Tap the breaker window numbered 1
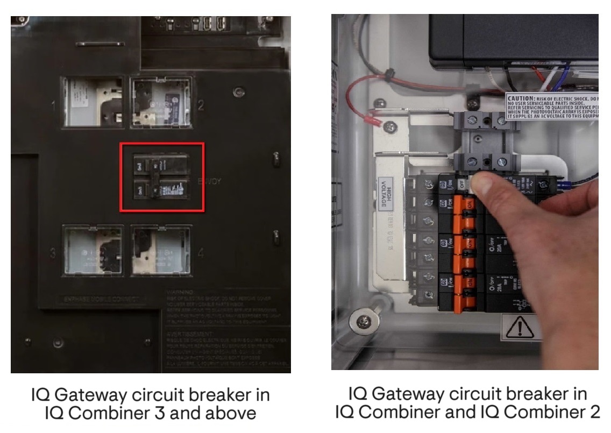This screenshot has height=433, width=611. click(x=93, y=102)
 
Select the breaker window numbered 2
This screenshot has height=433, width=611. click(x=161, y=102)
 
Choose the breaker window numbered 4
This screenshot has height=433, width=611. click(x=161, y=251)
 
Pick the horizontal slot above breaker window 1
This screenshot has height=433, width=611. click(x=92, y=43)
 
